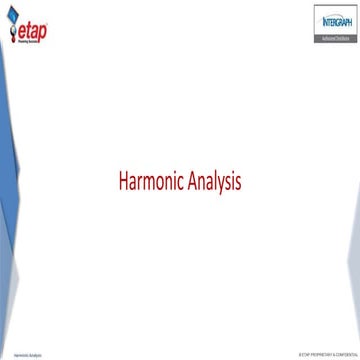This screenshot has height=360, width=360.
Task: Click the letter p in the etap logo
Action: pyautogui.click(x=41, y=32)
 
